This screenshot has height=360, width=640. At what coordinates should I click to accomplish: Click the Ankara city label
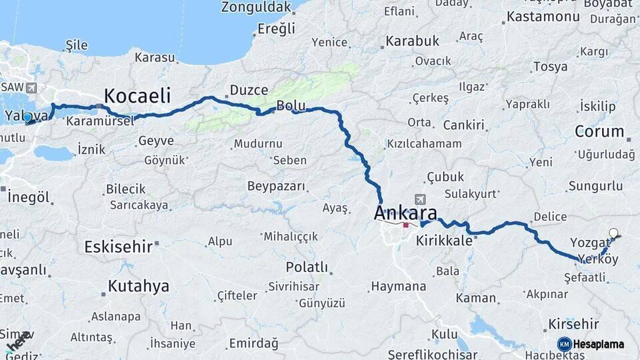(406, 213)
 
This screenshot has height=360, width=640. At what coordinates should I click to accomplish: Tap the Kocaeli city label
(138, 95)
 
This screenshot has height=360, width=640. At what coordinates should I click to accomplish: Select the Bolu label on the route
(291, 105)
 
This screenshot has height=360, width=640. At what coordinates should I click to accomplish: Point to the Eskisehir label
(119, 247)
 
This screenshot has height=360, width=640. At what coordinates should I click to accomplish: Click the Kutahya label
(139, 287)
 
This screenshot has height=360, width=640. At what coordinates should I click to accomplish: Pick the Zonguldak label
(256, 7)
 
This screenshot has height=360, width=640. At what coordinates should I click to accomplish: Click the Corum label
(599, 131)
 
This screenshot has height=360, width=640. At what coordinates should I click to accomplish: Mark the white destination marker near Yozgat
(613, 233)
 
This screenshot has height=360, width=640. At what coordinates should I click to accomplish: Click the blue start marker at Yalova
(27, 118)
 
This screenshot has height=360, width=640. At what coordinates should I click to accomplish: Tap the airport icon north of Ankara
(420, 199)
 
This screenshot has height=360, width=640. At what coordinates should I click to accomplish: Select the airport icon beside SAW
(31, 87)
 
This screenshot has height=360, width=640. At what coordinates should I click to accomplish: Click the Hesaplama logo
(591, 344)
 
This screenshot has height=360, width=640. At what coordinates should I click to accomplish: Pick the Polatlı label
(307, 267)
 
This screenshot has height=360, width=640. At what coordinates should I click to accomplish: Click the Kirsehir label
(573, 324)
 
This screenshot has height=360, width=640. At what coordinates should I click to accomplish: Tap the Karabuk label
(413, 41)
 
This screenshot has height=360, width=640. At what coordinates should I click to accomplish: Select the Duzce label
(249, 90)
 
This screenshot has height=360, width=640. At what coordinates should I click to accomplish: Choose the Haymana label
(398, 287)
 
